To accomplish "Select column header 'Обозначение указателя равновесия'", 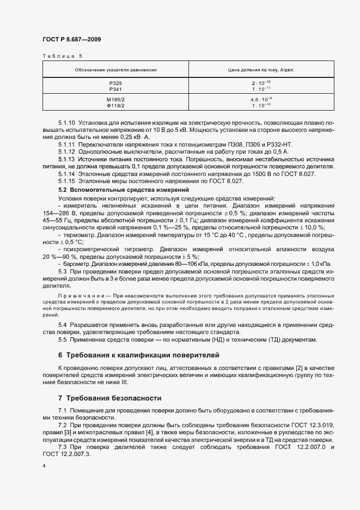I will click(x=115, y=70).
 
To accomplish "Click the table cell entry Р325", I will click(x=115, y=83).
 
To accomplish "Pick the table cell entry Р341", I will click(x=115, y=88).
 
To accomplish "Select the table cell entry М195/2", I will click(x=115, y=100).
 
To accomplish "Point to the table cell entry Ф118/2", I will click(x=115, y=105).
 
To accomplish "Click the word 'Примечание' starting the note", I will click(x=75, y=295).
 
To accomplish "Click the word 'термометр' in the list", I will click(x=80, y=234).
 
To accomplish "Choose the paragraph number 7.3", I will click(x=63, y=447).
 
